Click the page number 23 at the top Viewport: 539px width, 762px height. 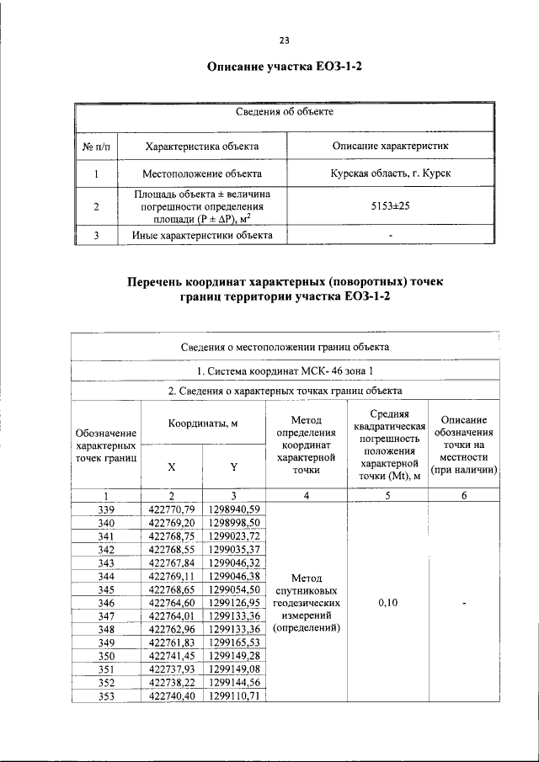click(284, 40)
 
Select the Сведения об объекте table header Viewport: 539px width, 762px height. click(285, 111)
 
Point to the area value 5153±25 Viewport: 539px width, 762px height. click(390, 205)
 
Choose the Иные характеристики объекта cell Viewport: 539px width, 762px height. click(201, 235)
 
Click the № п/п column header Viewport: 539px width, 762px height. click(97, 146)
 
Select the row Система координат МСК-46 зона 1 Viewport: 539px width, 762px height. click(285, 370)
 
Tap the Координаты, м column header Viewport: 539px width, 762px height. click(202, 424)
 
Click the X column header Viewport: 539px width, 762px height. click(172, 466)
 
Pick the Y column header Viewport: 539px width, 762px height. click(233, 466)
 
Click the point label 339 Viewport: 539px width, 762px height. click(106, 508)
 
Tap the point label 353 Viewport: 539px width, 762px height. click(106, 696)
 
